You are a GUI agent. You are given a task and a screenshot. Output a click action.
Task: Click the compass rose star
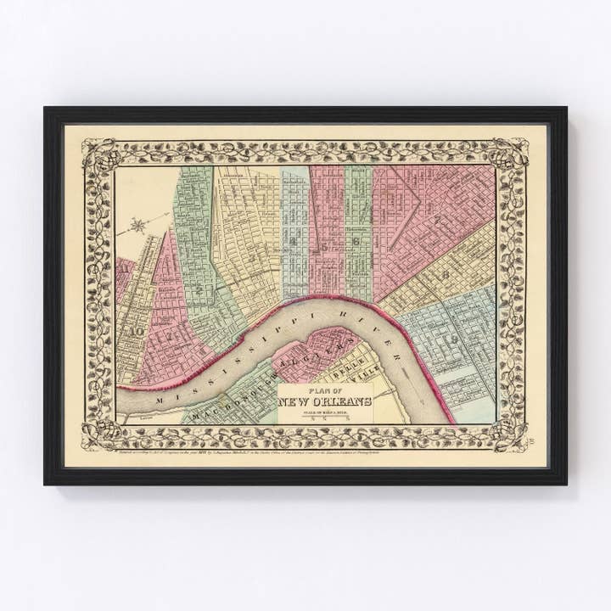coord(138,226)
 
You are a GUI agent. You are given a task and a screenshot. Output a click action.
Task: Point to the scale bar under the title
coord(326,416)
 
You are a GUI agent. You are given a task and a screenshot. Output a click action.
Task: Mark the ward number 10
coord(135,331)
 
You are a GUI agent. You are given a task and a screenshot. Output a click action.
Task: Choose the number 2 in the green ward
coord(199,289)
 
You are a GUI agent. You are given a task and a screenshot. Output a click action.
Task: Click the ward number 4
coord(294,243)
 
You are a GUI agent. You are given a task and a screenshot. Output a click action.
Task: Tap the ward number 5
coord(325,246)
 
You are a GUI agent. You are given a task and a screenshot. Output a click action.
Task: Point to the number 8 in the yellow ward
coord(445,274)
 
